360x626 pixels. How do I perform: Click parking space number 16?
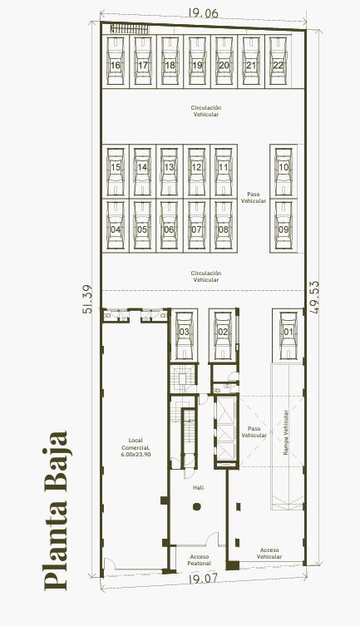click(x=116, y=62)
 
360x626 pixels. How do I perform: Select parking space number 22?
click(x=279, y=62)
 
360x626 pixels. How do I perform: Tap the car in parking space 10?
click(x=284, y=171)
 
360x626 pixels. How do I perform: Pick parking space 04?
click(x=116, y=226)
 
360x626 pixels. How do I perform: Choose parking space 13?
click(x=170, y=171)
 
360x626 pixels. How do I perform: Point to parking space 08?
click(x=224, y=226)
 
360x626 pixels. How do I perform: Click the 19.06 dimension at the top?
click(x=203, y=12)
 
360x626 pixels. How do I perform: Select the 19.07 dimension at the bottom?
click(x=203, y=578)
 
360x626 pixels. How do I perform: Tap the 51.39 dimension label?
click(x=87, y=298)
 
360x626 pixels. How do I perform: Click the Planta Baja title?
click(x=55, y=510)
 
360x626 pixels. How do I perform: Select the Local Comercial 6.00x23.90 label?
click(x=136, y=447)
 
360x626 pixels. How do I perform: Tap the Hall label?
click(x=199, y=487)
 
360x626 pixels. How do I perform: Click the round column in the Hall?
click(x=196, y=507)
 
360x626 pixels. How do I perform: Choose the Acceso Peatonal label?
click(x=200, y=560)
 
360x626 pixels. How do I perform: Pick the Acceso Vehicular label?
click(x=269, y=554)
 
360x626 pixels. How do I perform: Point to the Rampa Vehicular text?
click(x=286, y=433)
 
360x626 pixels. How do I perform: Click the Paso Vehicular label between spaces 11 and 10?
click(x=253, y=198)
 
